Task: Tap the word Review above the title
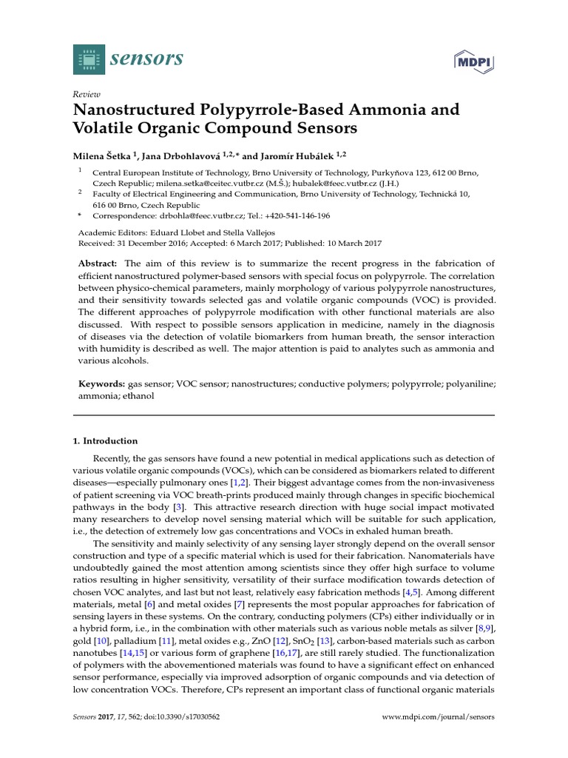[x=86, y=94]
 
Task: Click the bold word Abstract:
[x=98, y=264]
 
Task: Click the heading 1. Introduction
[x=105, y=440]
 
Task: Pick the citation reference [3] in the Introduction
[x=177, y=507]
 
